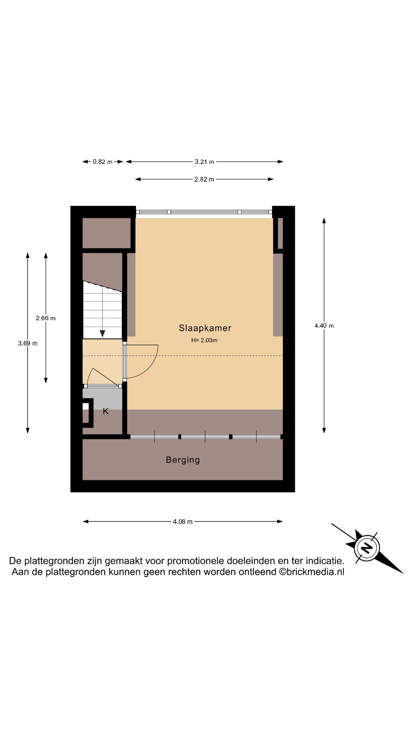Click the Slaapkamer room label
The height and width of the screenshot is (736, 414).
[x=205, y=328]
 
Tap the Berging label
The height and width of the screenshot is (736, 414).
[x=183, y=460]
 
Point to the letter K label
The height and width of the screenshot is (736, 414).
[x=106, y=411]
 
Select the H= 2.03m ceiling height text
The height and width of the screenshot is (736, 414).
[x=204, y=340]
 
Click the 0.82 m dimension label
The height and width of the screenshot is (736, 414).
[x=103, y=162]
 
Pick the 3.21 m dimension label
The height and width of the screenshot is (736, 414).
[x=204, y=162]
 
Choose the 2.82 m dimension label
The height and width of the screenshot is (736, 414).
[x=204, y=179]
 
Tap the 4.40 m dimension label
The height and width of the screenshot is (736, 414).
[x=324, y=326]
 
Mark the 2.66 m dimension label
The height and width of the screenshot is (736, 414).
[x=46, y=318]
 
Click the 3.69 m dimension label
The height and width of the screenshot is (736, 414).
[x=28, y=343]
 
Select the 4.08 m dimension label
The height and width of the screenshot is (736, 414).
[x=182, y=522]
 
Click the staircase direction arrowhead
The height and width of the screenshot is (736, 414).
[x=102, y=333]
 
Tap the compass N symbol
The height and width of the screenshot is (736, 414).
[x=367, y=548]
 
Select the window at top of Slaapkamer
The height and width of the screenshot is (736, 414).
[x=204, y=212]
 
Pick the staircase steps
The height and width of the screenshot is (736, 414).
[x=102, y=310]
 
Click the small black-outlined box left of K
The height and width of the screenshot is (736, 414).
[x=88, y=413]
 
